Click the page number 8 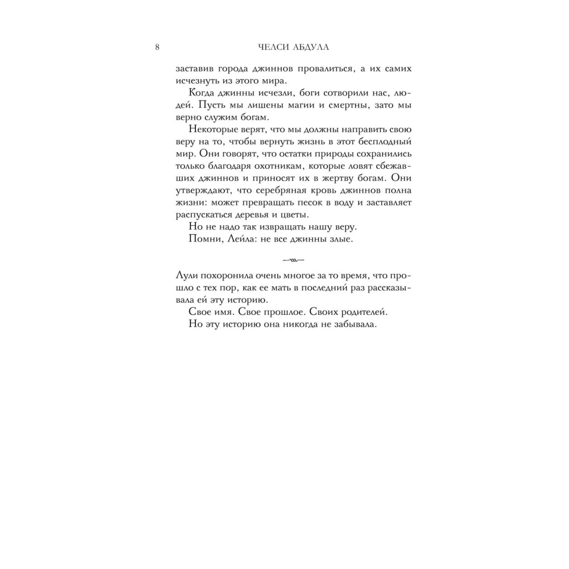[157, 47]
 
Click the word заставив [195, 69]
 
